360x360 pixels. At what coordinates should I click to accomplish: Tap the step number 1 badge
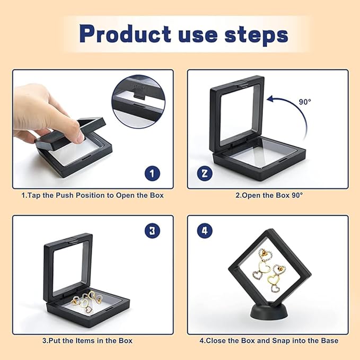(152, 173)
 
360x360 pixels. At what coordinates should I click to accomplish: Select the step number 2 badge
(205, 173)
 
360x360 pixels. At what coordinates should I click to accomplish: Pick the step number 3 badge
(152, 231)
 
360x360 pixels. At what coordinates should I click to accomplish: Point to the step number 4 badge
(205, 231)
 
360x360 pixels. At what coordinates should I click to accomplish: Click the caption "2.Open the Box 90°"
(268, 195)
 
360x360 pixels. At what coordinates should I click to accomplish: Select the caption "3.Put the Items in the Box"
(87, 340)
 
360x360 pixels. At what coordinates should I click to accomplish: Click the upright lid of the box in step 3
(68, 265)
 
